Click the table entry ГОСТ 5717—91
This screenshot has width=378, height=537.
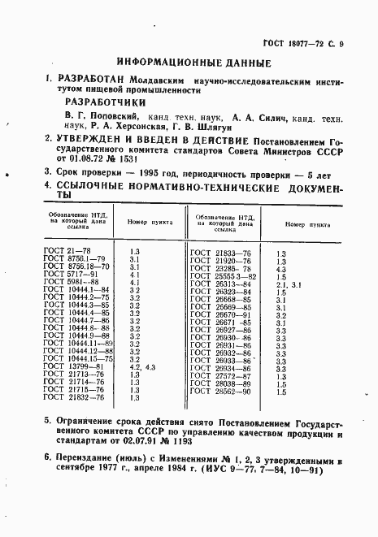[67, 274]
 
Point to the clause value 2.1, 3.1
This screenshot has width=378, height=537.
[289, 284]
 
